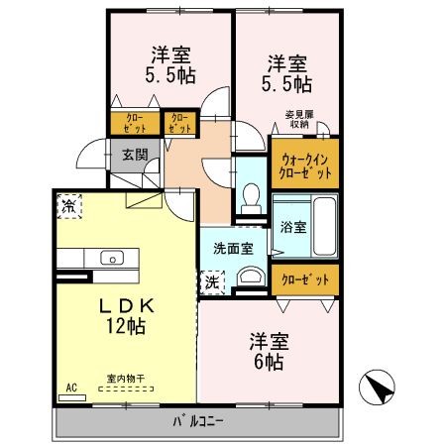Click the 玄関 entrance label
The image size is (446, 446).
click(135, 155)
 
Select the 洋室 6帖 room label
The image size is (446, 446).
click(268, 351)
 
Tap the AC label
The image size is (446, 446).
click(70, 387)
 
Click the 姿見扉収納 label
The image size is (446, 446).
click(303, 118)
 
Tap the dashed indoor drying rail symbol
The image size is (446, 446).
click(125, 390)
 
